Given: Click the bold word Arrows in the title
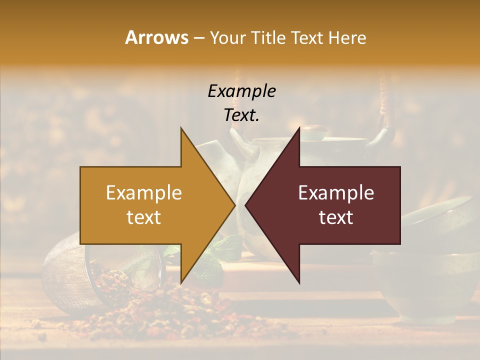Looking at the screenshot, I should (x=156, y=37).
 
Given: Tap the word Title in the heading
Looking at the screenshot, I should (x=269, y=37).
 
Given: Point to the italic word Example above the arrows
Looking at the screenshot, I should (x=242, y=91).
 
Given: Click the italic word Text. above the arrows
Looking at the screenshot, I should (x=242, y=115).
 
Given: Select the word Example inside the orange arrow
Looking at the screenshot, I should (x=144, y=193).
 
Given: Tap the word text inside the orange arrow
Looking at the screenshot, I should (x=144, y=217).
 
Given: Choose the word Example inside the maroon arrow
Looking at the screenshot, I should (x=336, y=193).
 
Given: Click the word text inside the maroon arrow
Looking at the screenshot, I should (x=336, y=217).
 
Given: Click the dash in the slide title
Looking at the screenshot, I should (x=198, y=38).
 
